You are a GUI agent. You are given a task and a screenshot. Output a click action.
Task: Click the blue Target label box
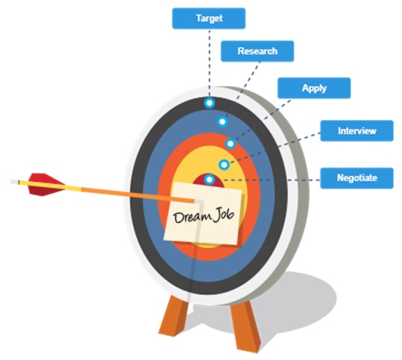209,19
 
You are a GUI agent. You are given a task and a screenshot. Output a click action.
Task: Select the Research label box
258,51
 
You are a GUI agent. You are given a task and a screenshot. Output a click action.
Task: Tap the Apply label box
314,88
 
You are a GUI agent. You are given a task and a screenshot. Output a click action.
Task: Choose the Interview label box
357,131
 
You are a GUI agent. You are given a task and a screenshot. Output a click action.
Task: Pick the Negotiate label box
357,178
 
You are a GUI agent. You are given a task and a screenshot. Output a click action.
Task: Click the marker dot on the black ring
210,103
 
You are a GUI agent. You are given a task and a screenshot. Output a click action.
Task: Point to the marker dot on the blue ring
222,121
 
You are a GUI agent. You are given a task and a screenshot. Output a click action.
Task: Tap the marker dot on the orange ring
231,144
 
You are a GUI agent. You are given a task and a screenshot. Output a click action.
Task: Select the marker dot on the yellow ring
224,165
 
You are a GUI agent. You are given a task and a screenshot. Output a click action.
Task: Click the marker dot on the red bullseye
210,180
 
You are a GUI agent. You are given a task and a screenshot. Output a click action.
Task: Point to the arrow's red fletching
46,184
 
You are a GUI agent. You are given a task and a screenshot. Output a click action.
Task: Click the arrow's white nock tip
14,182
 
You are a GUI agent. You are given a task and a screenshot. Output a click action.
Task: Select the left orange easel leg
174,315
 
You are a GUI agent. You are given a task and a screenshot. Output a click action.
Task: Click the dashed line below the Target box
210,64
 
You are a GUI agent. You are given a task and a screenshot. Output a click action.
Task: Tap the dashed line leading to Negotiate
267,180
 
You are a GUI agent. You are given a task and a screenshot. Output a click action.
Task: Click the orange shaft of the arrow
138,195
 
